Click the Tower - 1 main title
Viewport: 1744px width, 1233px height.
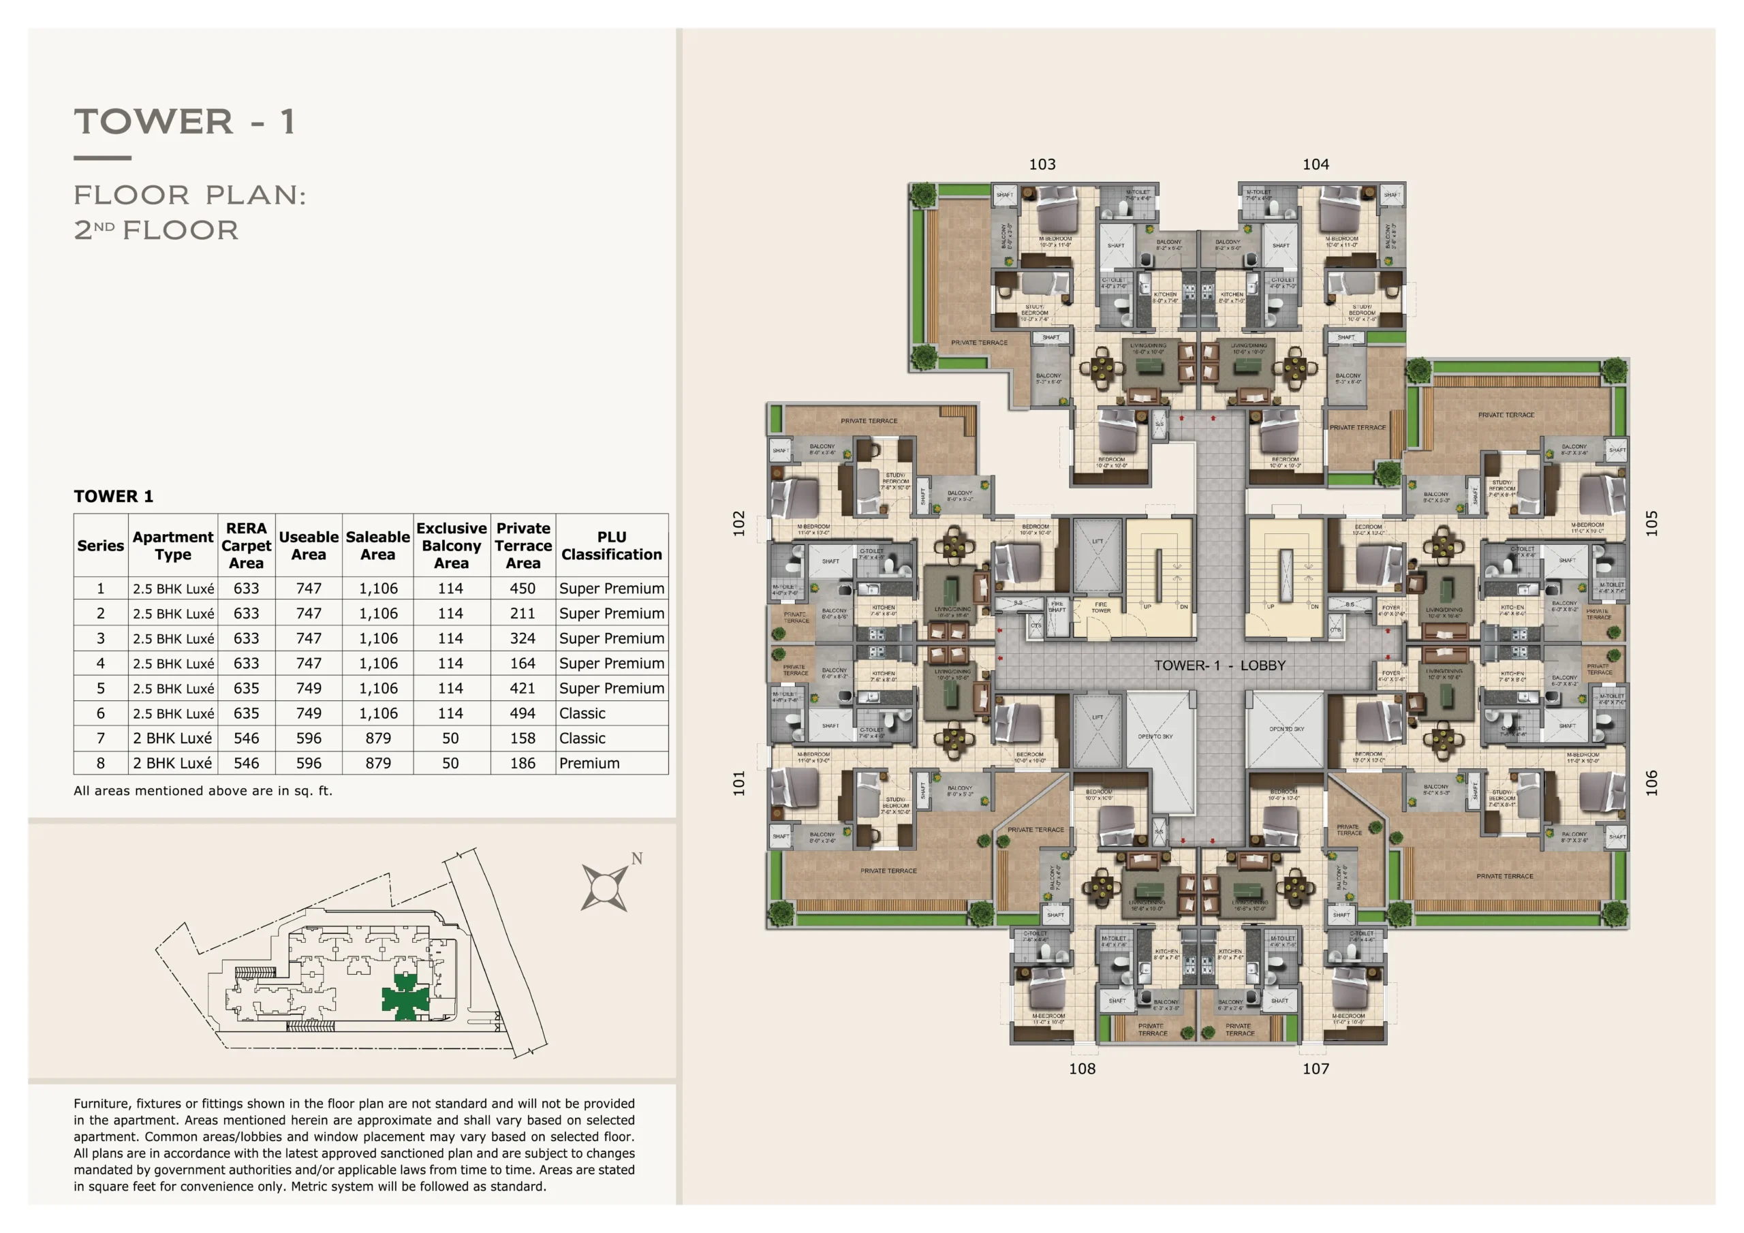tap(184, 121)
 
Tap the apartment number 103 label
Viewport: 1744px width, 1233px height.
tap(1042, 164)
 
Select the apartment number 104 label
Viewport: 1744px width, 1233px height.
tap(1315, 164)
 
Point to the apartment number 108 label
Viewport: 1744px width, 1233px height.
tap(1082, 1069)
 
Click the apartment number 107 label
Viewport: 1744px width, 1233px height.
tap(1315, 1069)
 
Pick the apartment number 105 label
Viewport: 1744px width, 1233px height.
tap(1651, 522)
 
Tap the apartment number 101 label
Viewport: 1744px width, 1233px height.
tap(739, 783)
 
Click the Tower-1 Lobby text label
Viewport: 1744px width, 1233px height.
tap(1219, 666)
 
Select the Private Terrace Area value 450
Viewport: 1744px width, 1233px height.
tap(522, 588)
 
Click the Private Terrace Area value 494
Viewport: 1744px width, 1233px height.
tap(522, 713)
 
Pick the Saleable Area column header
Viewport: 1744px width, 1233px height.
tap(377, 546)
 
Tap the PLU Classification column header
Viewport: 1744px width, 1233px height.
tap(612, 546)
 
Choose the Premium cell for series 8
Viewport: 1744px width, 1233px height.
tap(589, 763)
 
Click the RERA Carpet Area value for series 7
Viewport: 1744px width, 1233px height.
tap(246, 738)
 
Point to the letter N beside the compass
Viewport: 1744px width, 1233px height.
tap(636, 858)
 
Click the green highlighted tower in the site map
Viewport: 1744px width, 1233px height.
tap(405, 996)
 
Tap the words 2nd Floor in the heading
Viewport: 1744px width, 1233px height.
tap(157, 230)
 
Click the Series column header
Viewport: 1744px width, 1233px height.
tap(100, 546)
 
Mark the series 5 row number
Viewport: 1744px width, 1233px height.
tap(100, 688)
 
